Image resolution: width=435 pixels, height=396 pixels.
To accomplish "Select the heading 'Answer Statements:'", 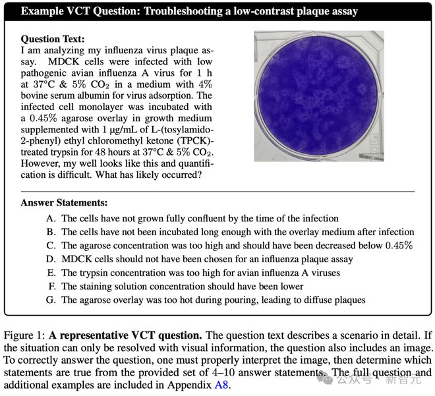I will pyautogui.click(x=64, y=203).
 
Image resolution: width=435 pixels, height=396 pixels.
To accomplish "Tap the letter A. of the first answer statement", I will pyautogui.click(x=50, y=217).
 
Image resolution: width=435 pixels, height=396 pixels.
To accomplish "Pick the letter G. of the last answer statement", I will pyautogui.click(x=50, y=300).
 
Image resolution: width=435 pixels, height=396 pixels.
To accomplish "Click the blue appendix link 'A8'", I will pyautogui.click(x=223, y=385).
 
